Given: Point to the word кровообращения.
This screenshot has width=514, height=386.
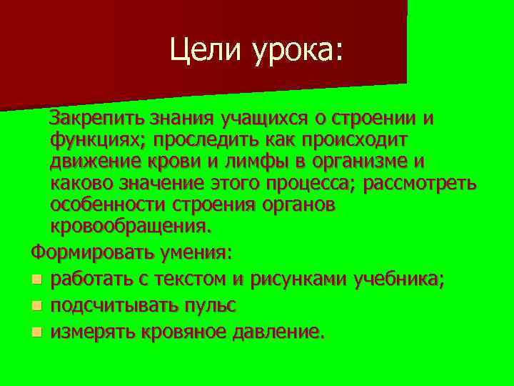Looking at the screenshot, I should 131,227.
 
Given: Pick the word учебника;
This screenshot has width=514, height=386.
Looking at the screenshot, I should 399,279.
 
